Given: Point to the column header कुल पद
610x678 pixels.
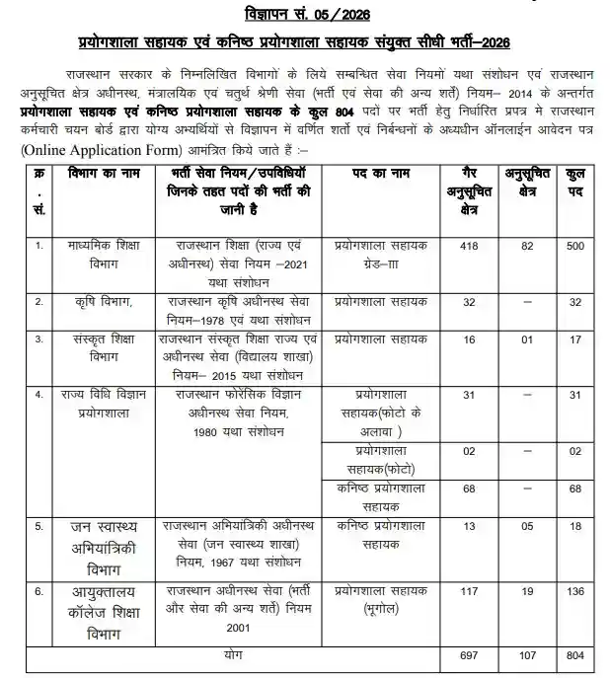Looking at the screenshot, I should (575, 185).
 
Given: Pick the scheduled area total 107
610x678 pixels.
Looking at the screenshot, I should (528, 655).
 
